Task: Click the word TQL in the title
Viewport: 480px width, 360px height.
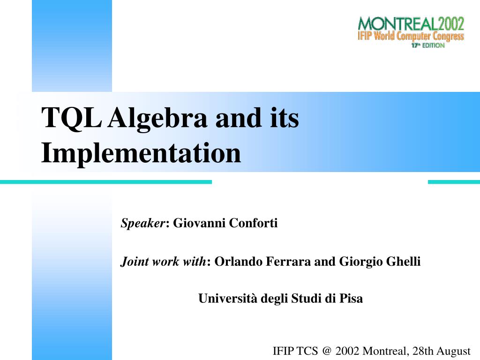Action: (71, 118)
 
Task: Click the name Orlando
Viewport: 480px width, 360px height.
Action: (239, 262)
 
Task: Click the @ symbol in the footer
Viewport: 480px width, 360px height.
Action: (327, 351)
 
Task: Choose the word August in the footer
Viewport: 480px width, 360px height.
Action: (453, 352)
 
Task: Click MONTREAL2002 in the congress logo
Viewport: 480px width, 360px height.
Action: (411, 23)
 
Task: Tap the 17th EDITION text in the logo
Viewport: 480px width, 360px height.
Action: (428, 45)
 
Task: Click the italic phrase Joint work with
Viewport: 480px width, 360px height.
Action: (163, 262)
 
